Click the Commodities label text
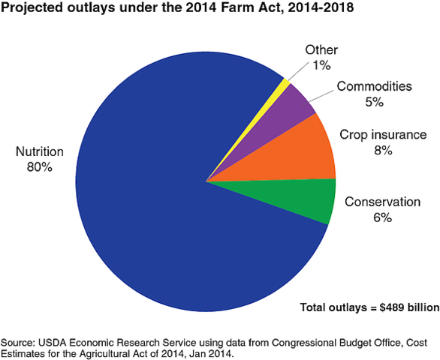[374, 86]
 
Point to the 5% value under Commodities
[374, 101]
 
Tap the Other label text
[321, 50]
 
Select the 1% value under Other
[321, 65]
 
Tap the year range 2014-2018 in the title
[327, 10]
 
